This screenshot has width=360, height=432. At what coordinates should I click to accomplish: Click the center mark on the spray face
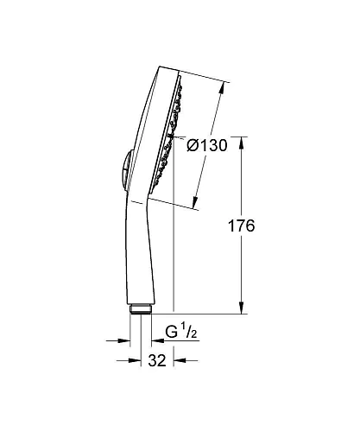click(x=173, y=137)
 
